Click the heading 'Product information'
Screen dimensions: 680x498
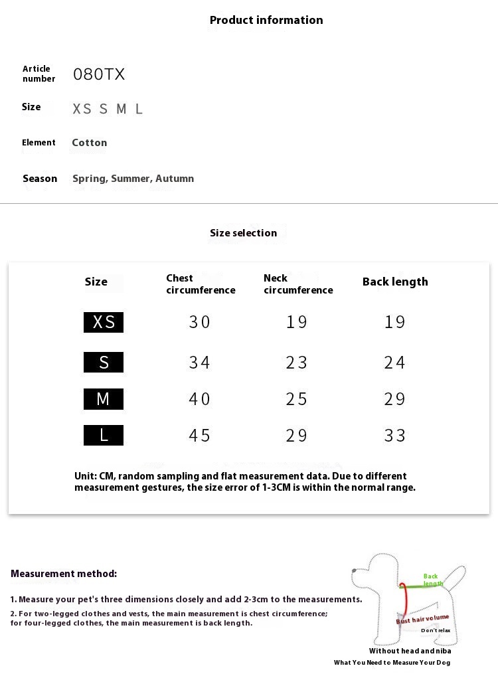pos(266,20)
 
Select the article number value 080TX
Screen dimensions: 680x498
pos(99,74)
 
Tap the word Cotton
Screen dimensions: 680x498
pos(89,143)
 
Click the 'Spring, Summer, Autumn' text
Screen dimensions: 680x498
pos(133,178)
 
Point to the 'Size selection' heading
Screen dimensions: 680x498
pos(243,233)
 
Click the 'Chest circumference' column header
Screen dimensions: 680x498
pos(201,284)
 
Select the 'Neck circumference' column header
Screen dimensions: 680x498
pos(298,284)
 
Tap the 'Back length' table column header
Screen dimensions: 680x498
pos(395,282)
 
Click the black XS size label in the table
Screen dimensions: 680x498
pos(104,322)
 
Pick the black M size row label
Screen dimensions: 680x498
pos(104,399)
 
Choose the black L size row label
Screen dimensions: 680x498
pos(104,436)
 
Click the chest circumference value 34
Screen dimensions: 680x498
pos(199,363)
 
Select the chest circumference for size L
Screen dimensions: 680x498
pos(199,436)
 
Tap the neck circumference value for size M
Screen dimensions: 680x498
pos(297,399)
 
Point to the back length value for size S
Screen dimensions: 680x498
pos(394,363)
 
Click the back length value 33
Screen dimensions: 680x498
pos(394,436)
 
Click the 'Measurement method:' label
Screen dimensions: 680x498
pos(64,574)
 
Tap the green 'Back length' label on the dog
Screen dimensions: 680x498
pos(432,580)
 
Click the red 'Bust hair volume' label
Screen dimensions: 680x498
pos(422,620)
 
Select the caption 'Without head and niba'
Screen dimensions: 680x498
pos(410,651)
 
